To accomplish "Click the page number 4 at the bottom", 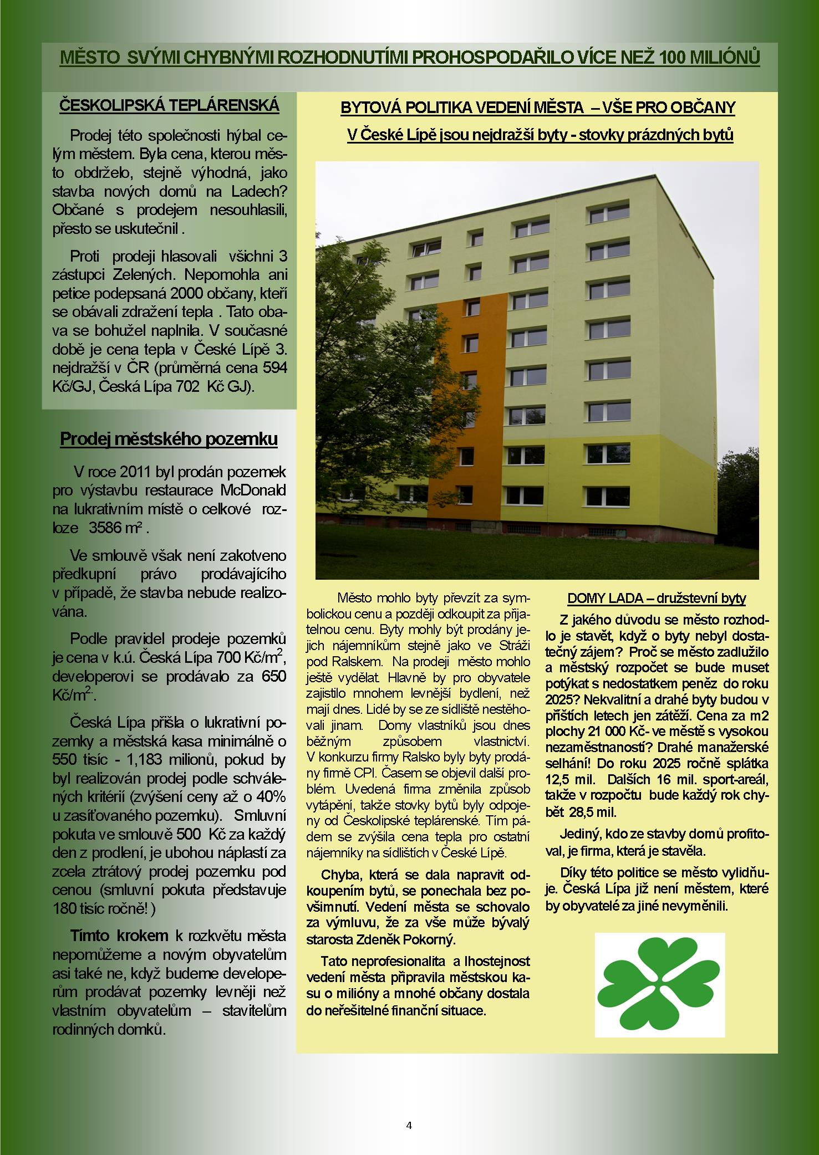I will point(409,1125).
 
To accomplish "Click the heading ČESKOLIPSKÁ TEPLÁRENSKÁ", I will point(169,105).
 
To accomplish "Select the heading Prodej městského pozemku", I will point(169,439).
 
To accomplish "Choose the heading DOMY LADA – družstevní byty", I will point(657,599).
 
